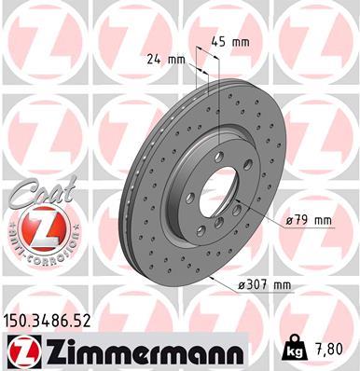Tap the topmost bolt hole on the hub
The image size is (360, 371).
[x=220, y=157]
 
